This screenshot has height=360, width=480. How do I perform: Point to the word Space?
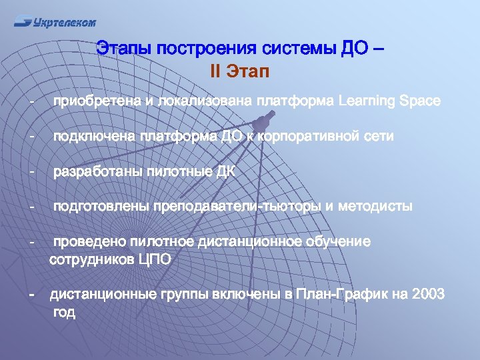point(419,101)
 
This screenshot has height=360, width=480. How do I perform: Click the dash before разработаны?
point(31,172)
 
